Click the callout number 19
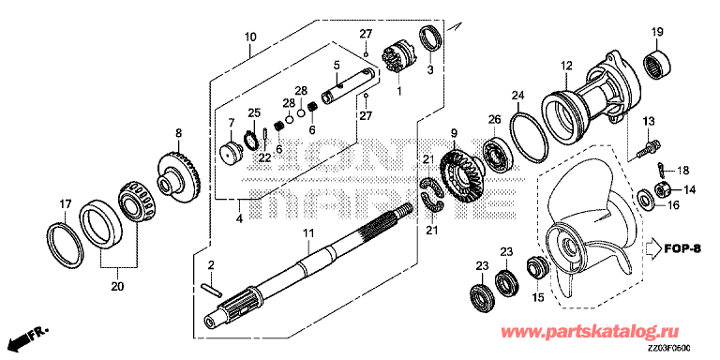(656, 32)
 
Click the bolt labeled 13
(649, 148)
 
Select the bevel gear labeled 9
(460, 174)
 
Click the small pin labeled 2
(212, 290)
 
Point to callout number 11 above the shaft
(308, 233)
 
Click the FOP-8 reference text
(682, 249)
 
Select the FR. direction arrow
(26, 337)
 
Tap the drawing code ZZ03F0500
(669, 349)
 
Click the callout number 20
(117, 287)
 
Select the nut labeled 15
(534, 266)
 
